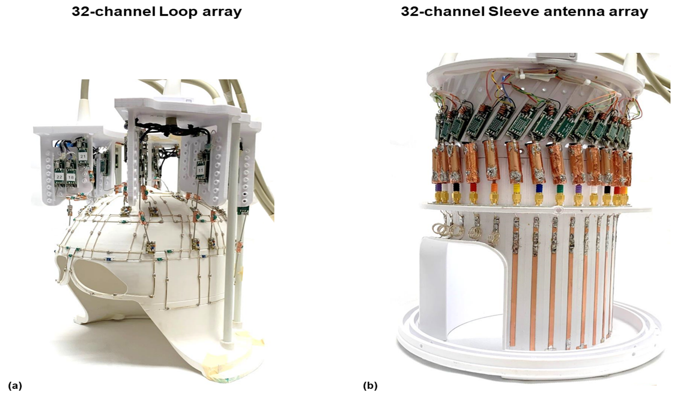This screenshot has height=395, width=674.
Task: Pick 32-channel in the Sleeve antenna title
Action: pyautogui.click(x=442, y=12)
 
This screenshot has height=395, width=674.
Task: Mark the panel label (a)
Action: pyautogui.click(x=15, y=385)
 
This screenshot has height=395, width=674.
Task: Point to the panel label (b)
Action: pyautogui.click(x=370, y=385)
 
